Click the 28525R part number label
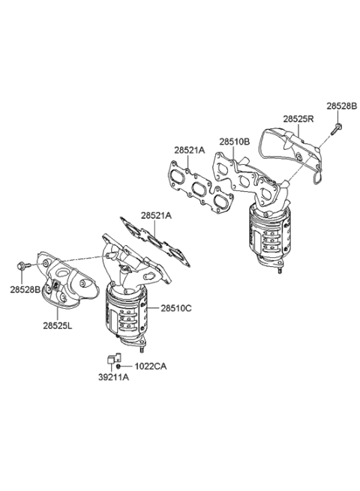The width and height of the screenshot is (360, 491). pos(298,119)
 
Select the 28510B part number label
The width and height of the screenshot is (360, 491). pos(234,142)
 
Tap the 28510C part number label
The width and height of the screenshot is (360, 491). pos(176,308)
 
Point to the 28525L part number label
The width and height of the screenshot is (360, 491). pos(57,326)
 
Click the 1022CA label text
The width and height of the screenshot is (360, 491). pos(151,366)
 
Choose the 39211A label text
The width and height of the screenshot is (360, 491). pos(114,377)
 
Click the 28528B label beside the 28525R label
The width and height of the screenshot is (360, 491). pos(341,106)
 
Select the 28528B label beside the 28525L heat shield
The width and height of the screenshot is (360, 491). pos(25,289)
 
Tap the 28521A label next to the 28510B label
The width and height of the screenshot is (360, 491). pos(189,151)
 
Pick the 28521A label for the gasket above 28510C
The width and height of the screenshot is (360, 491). pos(156,216)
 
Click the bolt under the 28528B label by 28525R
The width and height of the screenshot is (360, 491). pos(336,129)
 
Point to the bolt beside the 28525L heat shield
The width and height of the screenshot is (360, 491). pos(24,266)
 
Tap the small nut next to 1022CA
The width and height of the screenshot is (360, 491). pos(118,366)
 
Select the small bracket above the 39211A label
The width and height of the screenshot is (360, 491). pos(114,358)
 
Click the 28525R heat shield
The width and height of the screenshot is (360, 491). pos(292,154)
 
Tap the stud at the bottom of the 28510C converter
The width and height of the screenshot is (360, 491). pos(142,349)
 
